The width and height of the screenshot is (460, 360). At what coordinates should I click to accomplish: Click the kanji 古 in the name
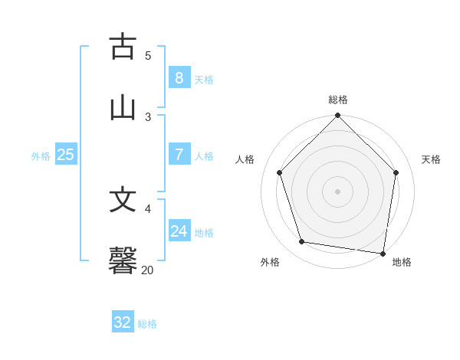[x=123, y=47]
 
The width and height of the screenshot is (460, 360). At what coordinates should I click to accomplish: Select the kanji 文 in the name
[x=123, y=200]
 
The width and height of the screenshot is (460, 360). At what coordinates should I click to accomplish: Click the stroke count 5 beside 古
[x=148, y=55]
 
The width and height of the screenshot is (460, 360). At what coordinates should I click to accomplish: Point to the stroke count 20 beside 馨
[x=148, y=270]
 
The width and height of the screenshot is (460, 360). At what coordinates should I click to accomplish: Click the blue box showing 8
[x=179, y=78]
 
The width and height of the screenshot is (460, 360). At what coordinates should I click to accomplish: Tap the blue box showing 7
[x=179, y=155]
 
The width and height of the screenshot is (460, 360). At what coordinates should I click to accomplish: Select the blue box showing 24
[x=179, y=231]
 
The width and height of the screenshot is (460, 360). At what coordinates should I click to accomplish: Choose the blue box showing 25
[x=65, y=155]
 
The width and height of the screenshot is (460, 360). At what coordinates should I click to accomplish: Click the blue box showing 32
[x=123, y=322]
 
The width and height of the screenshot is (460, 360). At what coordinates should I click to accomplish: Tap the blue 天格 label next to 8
[x=204, y=80]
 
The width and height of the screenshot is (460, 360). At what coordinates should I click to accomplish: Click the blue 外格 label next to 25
[x=41, y=156]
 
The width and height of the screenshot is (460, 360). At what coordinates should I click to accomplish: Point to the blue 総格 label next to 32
[x=147, y=324]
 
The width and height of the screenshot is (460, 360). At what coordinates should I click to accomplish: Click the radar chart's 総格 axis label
[x=338, y=100]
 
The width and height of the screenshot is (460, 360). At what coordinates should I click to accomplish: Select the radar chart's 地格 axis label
[x=402, y=262]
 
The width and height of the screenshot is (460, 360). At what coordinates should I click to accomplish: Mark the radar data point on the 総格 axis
[x=338, y=116]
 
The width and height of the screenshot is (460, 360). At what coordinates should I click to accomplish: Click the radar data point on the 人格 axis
[x=280, y=172]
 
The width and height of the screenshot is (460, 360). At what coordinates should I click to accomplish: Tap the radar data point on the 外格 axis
[x=302, y=242]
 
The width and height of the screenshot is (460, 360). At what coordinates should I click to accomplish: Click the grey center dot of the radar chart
[x=338, y=191]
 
